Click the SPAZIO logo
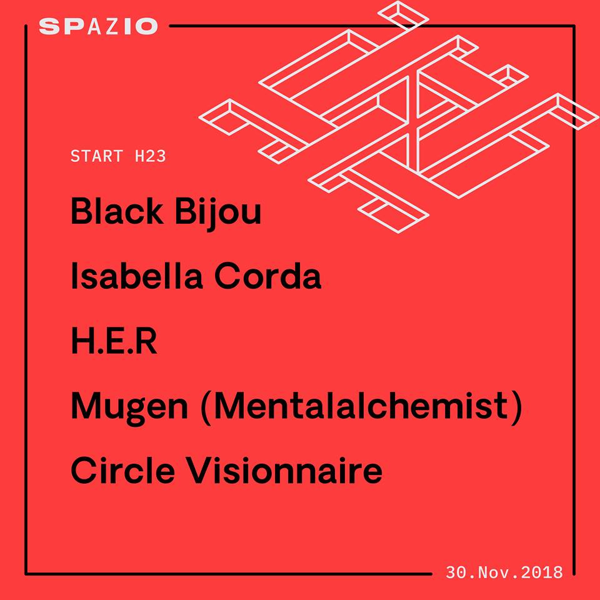pyautogui.click(x=98, y=26)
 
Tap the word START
pyautogui.click(x=97, y=156)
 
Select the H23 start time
pyautogui.click(x=151, y=156)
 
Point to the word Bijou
pyautogui.click(x=218, y=214)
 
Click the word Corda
pyautogui.click(x=267, y=275)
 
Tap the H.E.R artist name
pyautogui.click(x=114, y=341)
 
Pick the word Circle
pyautogui.click(x=123, y=470)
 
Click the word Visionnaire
pyautogui.click(x=284, y=470)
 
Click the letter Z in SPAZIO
pyautogui.click(x=112, y=26)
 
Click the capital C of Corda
pyautogui.click(x=226, y=275)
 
